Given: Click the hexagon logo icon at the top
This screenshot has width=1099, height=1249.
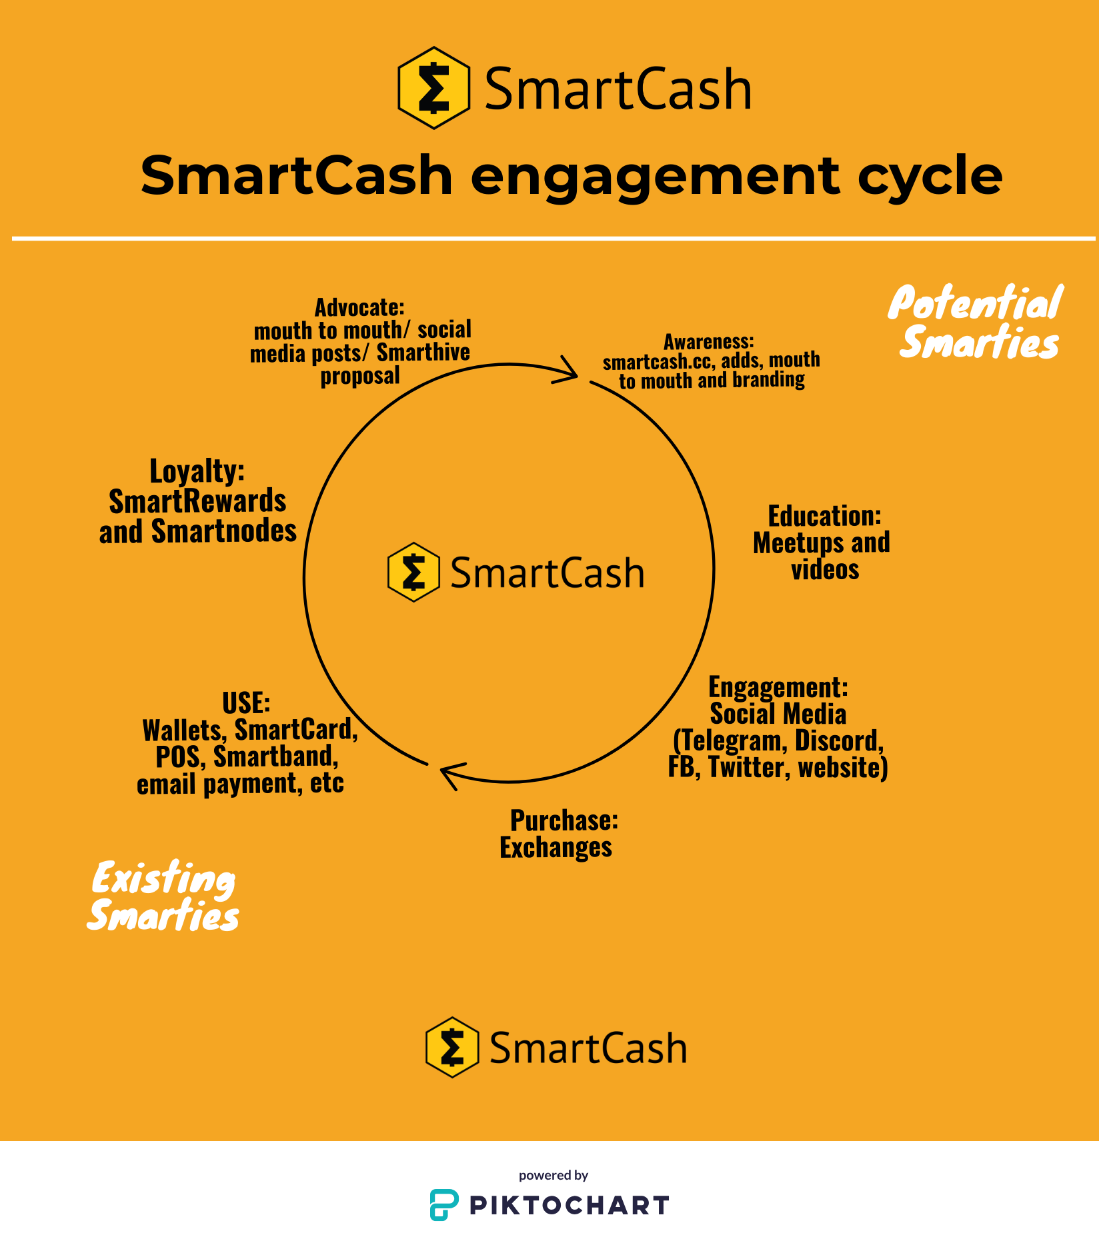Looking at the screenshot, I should click(x=433, y=88).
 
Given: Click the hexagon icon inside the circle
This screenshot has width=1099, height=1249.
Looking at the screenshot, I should click(x=413, y=573).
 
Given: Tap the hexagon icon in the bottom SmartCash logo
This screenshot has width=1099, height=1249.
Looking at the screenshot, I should click(x=452, y=1047).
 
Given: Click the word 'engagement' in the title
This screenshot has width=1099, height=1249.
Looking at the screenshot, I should click(x=654, y=177).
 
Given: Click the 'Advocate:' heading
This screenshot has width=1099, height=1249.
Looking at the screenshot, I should click(x=359, y=308).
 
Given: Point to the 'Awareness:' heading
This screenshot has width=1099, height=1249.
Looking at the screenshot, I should click(x=708, y=342).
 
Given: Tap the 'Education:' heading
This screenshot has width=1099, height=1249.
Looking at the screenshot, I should click(x=824, y=517).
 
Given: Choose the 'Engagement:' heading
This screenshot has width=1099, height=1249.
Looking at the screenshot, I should click(x=778, y=687).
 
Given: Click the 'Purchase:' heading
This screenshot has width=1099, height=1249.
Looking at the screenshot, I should click(x=564, y=820).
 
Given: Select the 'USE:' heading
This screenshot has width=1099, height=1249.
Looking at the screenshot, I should click(x=246, y=704).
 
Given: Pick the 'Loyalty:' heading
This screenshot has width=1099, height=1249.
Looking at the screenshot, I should click(x=197, y=471).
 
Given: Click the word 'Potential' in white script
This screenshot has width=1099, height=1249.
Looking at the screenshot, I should click(x=975, y=303).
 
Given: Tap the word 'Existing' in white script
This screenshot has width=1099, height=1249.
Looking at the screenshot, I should click(x=163, y=878).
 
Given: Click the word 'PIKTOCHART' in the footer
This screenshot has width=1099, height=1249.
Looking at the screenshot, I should click(x=569, y=1205).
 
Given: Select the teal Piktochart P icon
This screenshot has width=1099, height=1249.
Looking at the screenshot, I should click(x=443, y=1204).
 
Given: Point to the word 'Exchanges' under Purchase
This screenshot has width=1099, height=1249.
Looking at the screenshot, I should click(x=556, y=848).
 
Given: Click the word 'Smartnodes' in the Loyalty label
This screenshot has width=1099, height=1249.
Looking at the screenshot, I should click(x=223, y=532).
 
